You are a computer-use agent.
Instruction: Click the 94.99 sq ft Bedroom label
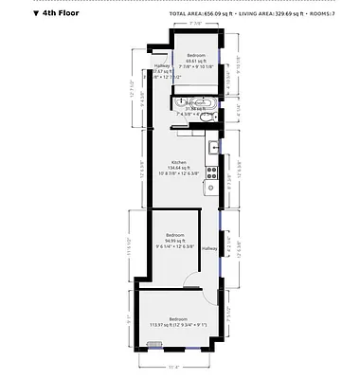pos(175,239)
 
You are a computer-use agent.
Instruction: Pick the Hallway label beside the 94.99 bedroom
pos(209,247)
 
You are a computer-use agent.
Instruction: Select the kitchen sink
pos(216,148)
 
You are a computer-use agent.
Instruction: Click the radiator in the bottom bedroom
pos(155,345)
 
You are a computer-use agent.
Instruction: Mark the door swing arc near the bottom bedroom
pos(192,280)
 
